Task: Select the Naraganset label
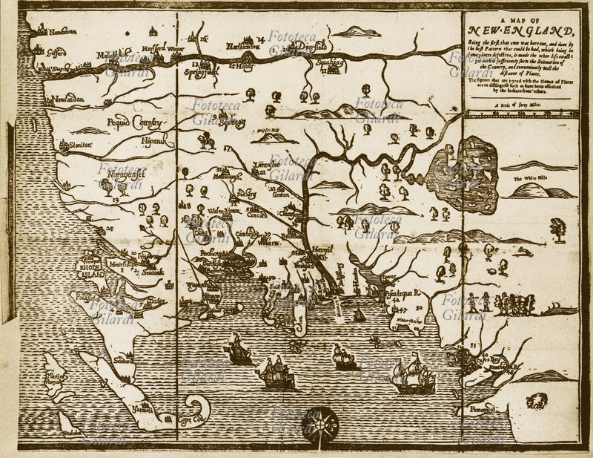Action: click(x=122, y=172)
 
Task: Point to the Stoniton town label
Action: click(x=73, y=146)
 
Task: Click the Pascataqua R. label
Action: click(x=405, y=293)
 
